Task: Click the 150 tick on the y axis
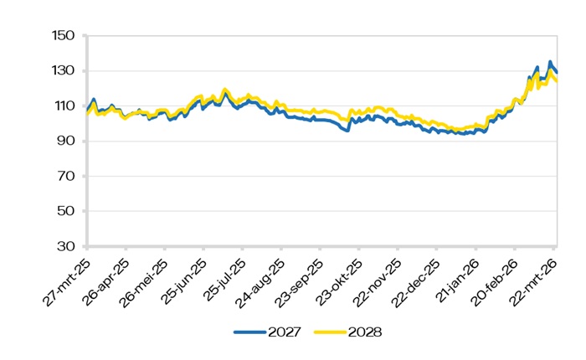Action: pyautogui.click(x=64, y=36)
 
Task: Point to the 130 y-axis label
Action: pyautogui.click(x=64, y=71)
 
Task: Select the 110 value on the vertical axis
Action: pyautogui.click(x=64, y=106)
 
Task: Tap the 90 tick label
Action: pyautogui.click(x=66, y=141)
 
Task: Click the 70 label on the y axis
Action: pyautogui.click(x=66, y=177)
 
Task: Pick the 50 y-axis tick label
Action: pyautogui.click(x=66, y=212)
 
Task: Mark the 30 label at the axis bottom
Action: pyautogui.click(x=66, y=247)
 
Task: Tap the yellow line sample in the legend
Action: pyautogui.click(x=330, y=332)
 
